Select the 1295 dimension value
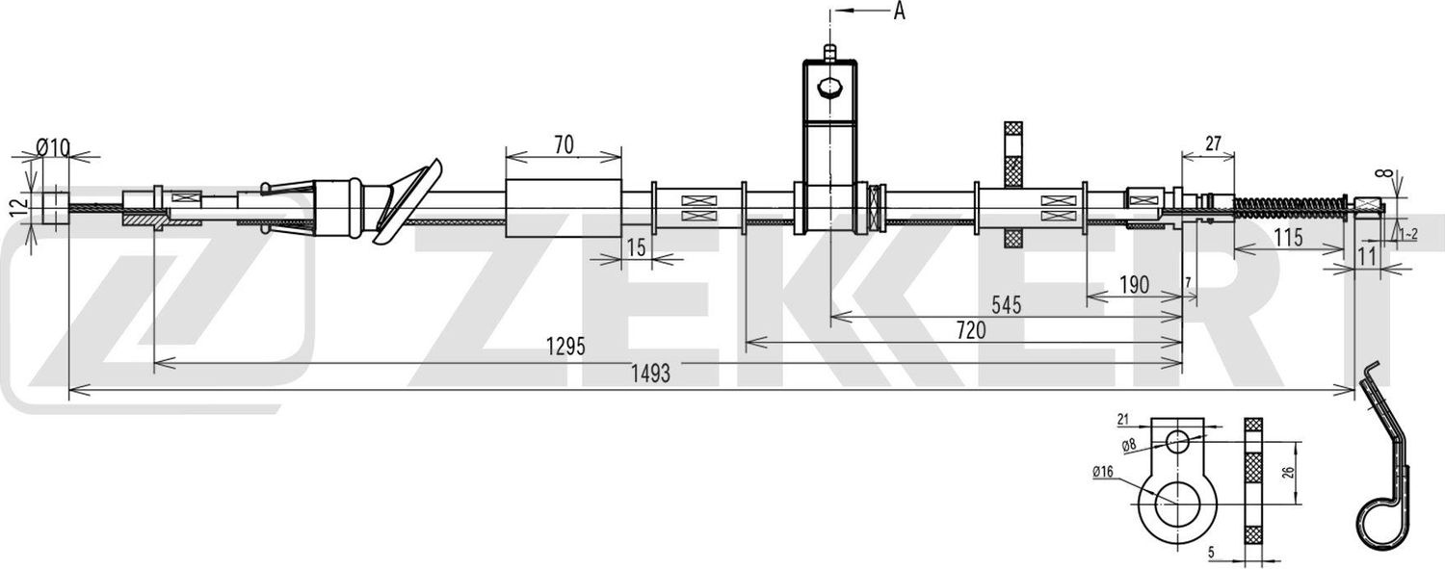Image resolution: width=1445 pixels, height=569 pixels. click(x=566, y=348)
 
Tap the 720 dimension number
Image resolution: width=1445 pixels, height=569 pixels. click(x=970, y=330)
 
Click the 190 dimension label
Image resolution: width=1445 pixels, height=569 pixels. click(x=1134, y=285)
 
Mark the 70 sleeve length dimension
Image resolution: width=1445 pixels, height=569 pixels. click(x=564, y=144)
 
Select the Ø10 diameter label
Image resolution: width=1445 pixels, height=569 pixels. click(x=53, y=147)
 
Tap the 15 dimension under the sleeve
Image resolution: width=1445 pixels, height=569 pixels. click(x=635, y=246)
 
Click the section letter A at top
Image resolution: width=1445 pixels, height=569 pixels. click(x=900, y=11)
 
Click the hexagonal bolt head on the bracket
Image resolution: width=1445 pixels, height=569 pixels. click(x=828, y=89)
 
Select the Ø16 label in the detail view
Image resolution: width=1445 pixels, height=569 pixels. click(x=1103, y=471)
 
